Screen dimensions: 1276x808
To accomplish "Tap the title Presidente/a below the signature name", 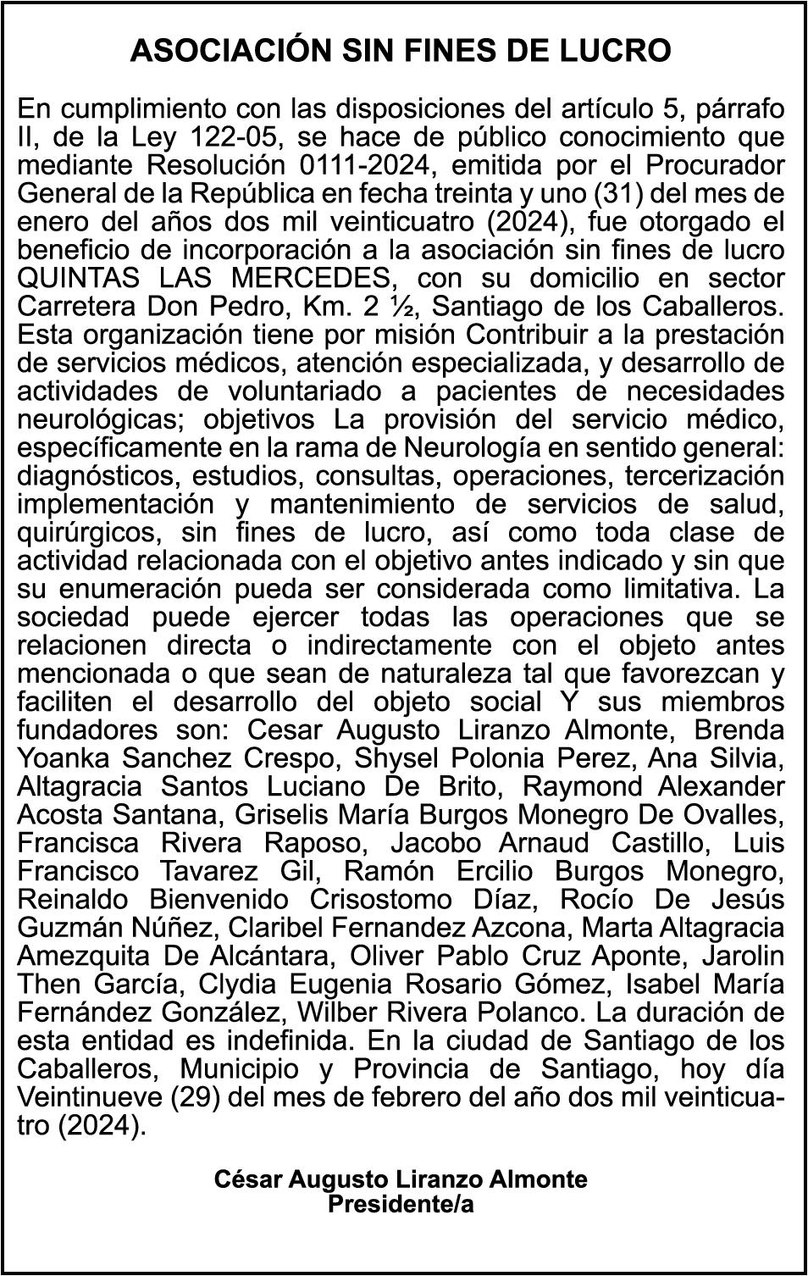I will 400,1204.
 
